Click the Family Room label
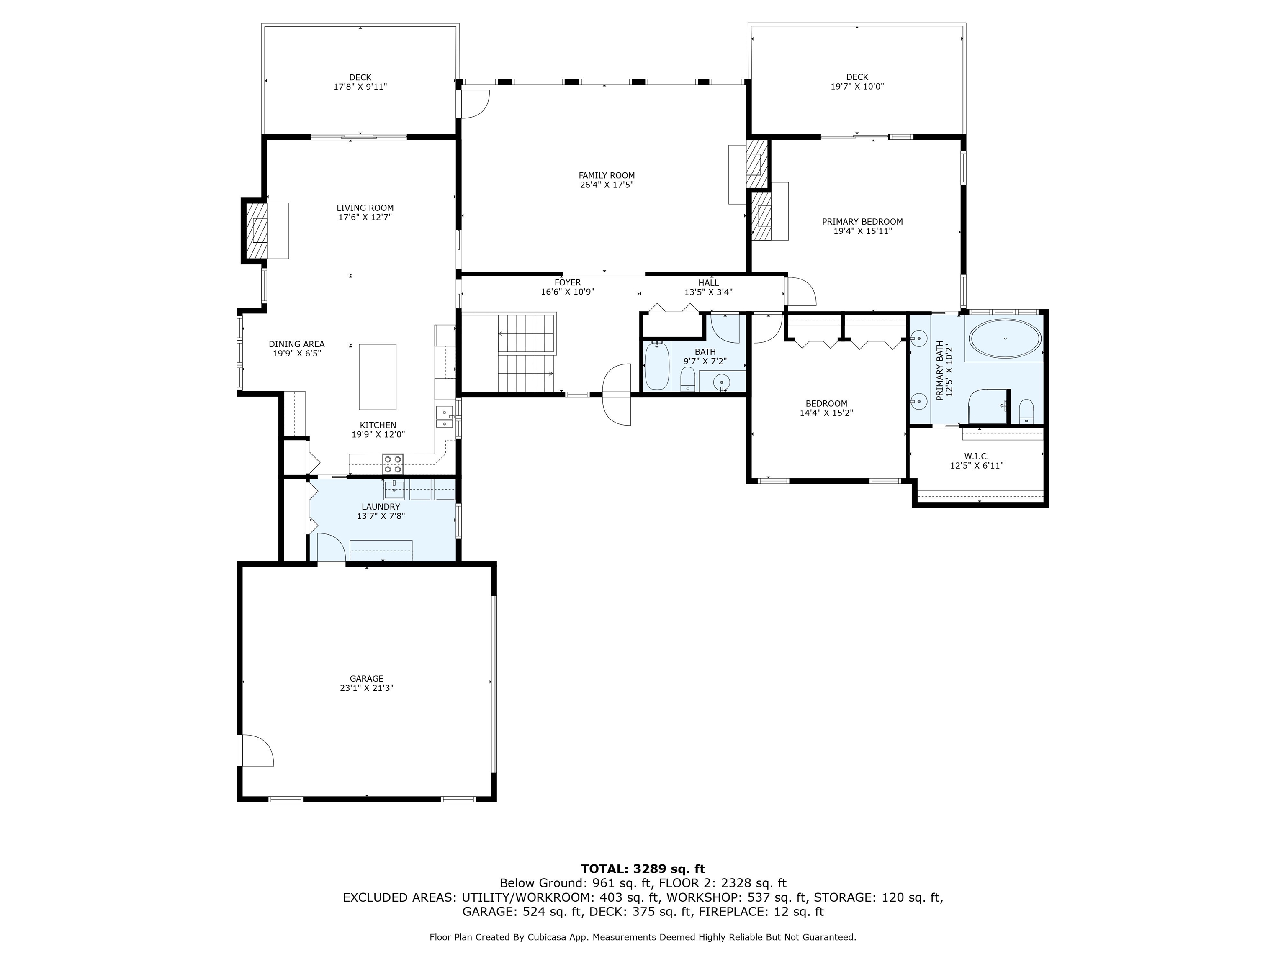607,175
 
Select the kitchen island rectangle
378,377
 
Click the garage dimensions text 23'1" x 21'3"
367,688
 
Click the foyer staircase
527,353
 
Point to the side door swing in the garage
256,750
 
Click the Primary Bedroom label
862,221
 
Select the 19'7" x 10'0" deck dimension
857,87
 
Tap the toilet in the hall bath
688,379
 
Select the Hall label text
708,283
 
